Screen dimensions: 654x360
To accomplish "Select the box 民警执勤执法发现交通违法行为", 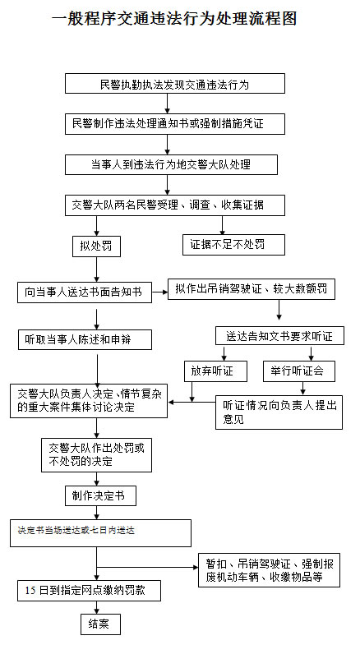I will (174, 84).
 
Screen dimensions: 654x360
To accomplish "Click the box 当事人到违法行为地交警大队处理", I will (170, 164).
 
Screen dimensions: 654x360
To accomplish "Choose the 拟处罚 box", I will (96, 245).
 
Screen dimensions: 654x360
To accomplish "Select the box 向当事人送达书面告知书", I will (85, 292).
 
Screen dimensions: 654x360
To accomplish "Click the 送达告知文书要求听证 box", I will (279, 336).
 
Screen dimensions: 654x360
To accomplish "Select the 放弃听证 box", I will (209, 371).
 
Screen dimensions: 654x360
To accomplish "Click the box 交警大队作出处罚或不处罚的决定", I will (96, 455).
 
